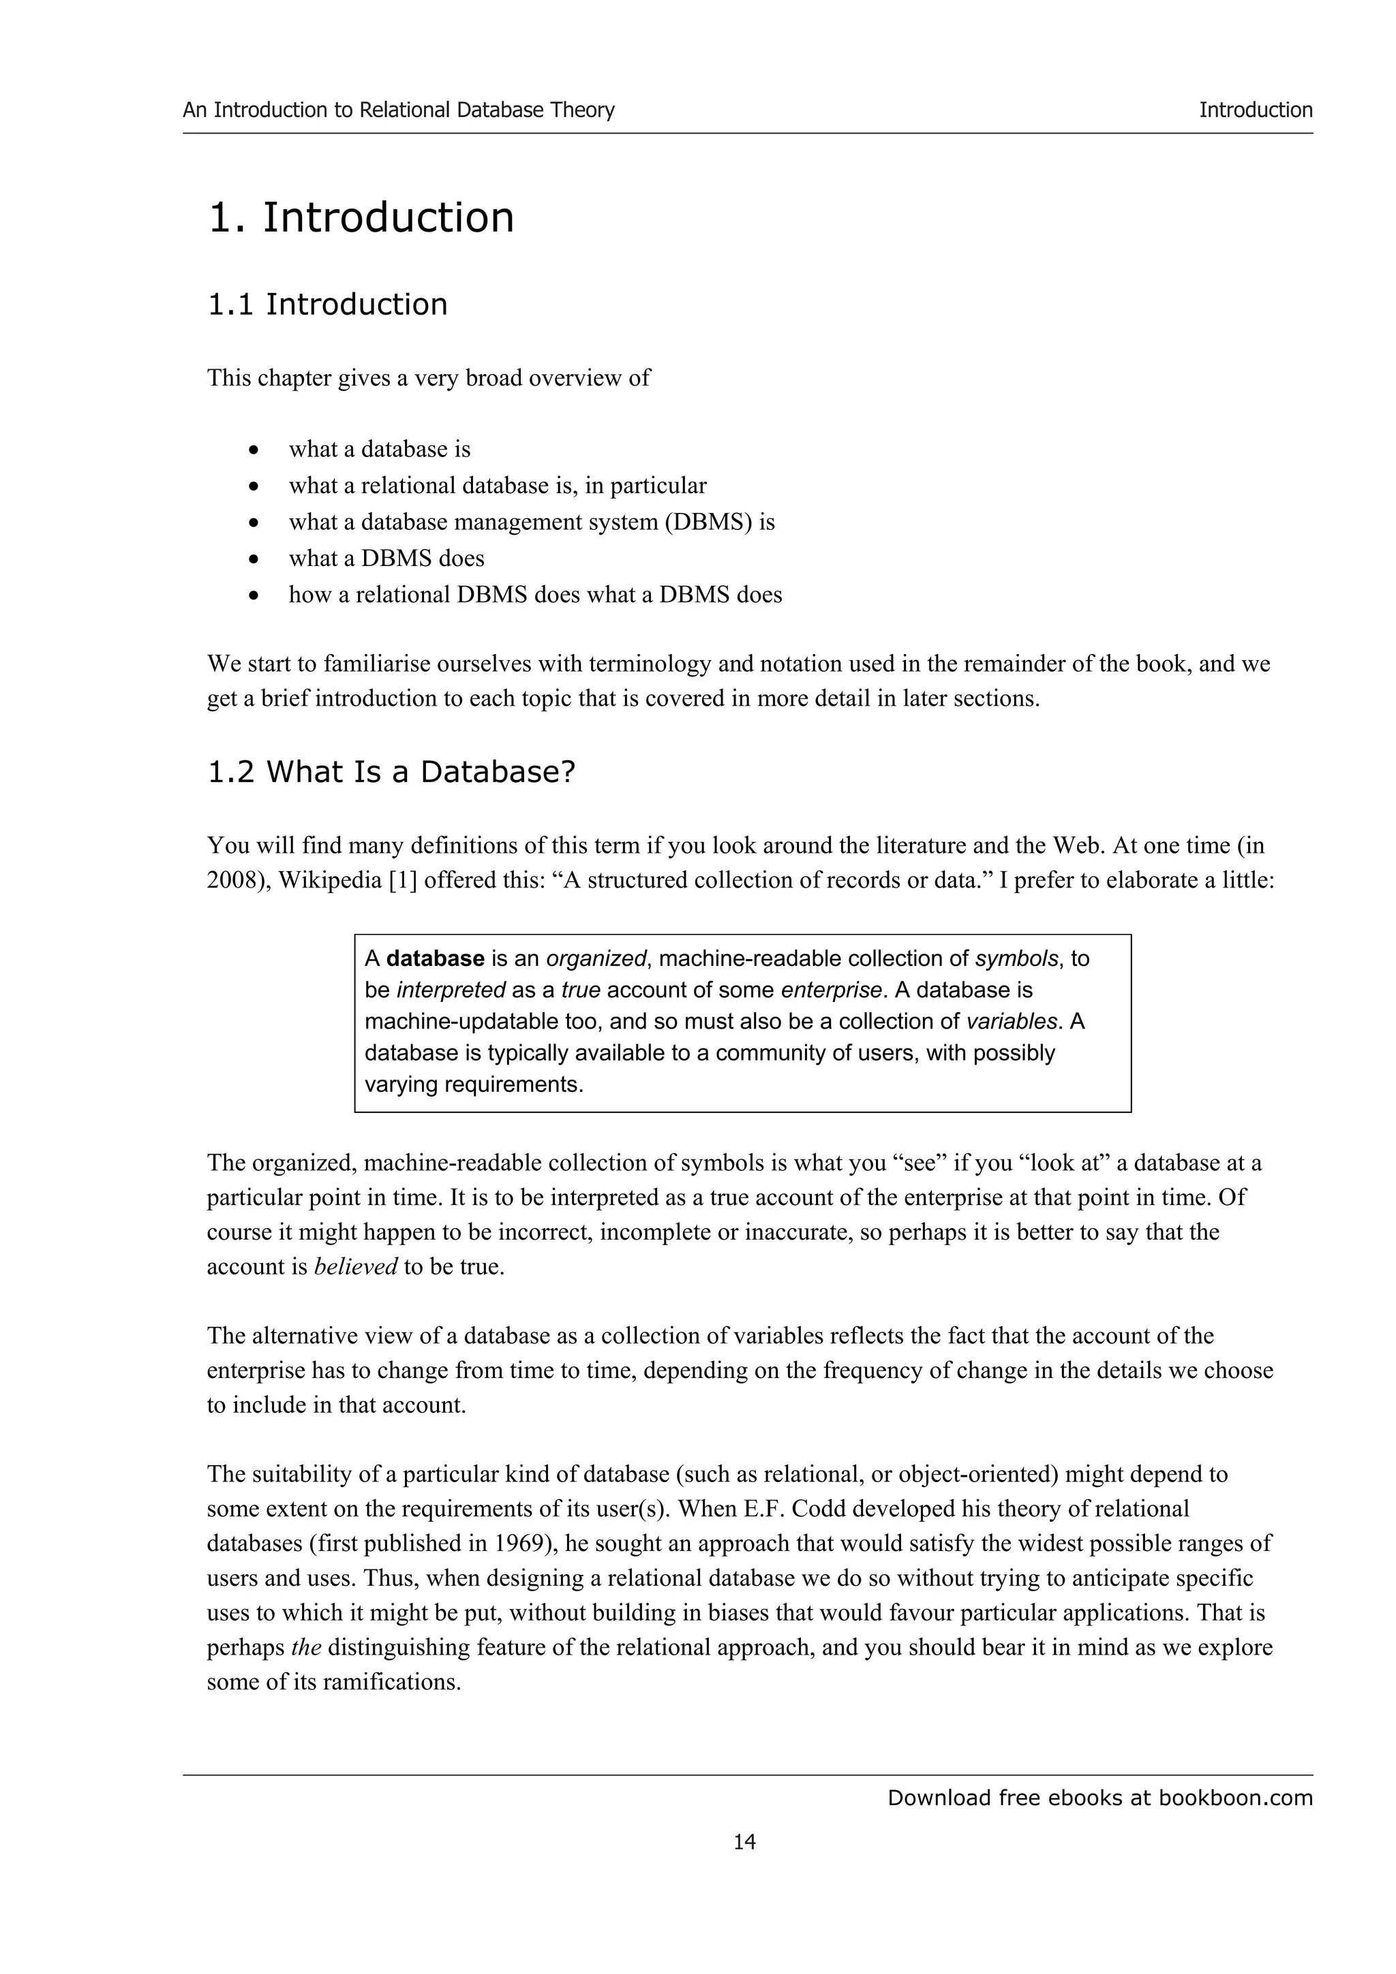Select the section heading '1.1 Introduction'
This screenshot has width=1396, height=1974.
click(327, 304)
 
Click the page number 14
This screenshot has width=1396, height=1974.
click(745, 1842)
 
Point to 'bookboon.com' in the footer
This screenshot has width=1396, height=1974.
click(1235, 1798)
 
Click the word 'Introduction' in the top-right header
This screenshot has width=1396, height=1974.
click(1255, 110)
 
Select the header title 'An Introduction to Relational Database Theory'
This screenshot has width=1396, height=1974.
click(398, 110)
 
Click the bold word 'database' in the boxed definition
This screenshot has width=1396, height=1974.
click(436, 958)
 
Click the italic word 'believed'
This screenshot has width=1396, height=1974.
click(355, 1266)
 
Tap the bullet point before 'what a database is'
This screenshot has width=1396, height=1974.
click(253, 450)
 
